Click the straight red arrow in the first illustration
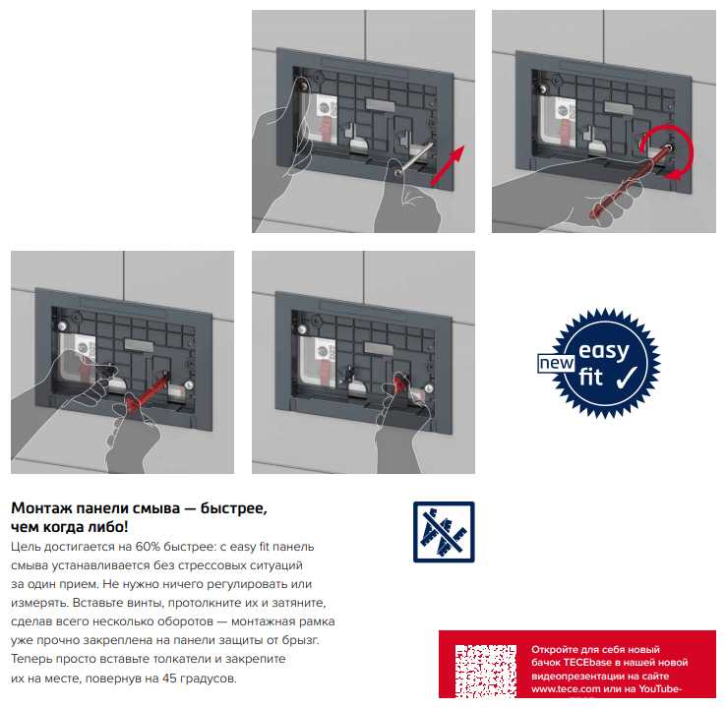click(448, 166)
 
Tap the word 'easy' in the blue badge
click(604, 351)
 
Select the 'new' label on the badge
click(556, 364)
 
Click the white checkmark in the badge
click(628, 378)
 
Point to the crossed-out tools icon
click(444, 532)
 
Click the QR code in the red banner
click(486, 671)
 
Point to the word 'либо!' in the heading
click(110, 527)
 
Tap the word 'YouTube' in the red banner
click(659, 689)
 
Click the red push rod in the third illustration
click(147, 390)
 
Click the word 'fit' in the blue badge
click(590, 378)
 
